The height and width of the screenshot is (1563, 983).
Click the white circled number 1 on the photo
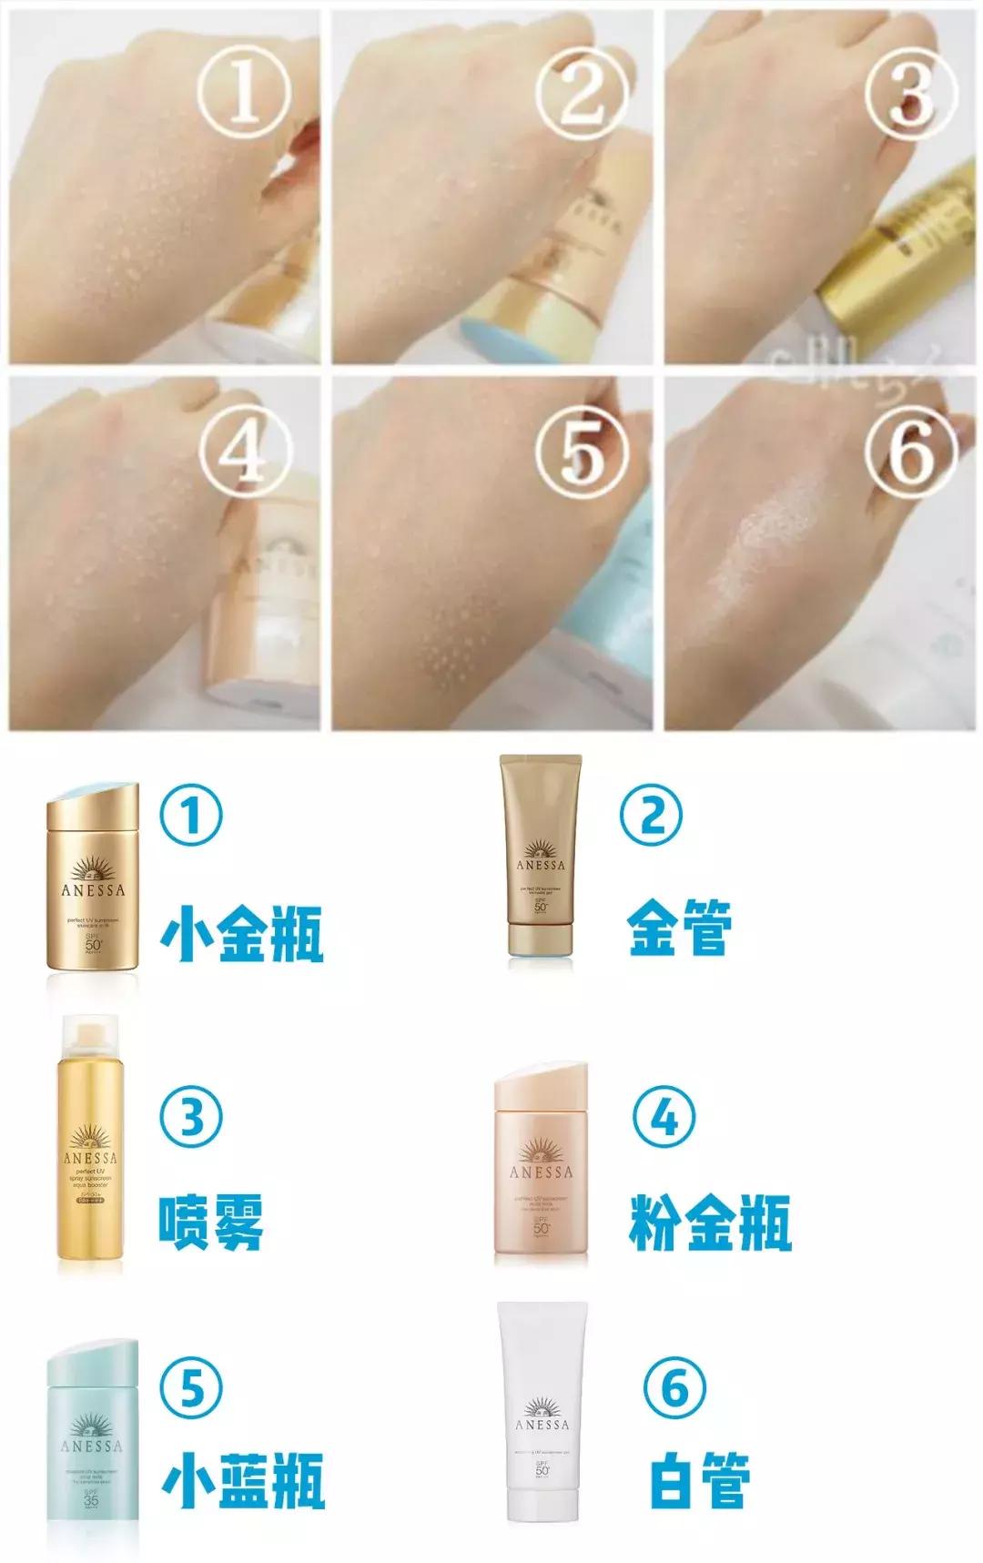pos(244,91)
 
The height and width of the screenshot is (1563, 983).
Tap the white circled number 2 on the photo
pos(580,91)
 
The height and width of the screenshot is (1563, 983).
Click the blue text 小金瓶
pos(242,934)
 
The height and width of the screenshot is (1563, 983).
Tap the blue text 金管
pos(679,927)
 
